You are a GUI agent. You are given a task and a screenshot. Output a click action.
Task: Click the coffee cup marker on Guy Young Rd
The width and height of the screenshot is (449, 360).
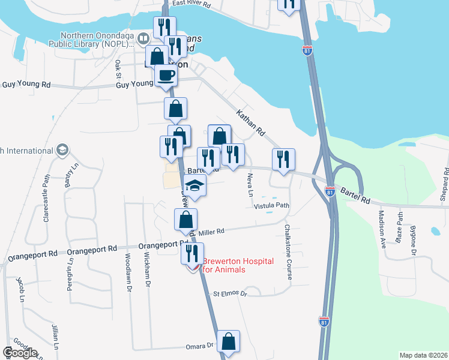166,76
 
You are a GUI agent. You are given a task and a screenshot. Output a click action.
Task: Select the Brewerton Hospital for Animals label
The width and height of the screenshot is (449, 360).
238,265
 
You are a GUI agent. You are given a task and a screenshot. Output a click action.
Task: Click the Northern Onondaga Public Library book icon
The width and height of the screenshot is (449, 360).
143,40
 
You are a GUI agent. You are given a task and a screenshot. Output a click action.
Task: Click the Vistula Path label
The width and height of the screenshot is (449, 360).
272,206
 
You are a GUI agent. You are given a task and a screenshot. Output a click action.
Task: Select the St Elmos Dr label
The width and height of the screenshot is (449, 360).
231,294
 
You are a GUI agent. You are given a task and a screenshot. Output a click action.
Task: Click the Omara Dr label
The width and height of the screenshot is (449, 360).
202,346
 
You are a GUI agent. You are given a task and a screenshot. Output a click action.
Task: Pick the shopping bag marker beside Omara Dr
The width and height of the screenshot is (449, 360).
228,341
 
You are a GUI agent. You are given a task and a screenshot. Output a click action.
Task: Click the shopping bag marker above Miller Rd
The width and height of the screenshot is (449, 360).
185,220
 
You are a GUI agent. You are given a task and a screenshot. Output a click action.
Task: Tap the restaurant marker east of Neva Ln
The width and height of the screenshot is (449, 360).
283,159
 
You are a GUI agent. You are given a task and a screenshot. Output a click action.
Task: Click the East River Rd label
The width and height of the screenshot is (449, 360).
191,4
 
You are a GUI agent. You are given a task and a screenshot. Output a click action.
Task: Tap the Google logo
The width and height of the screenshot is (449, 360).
19,353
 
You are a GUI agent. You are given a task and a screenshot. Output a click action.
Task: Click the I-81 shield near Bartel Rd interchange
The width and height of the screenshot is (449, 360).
330,191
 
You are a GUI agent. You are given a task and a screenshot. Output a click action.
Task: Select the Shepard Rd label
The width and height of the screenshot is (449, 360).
445,183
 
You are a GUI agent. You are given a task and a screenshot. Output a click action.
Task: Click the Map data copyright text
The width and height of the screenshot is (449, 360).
423,355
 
